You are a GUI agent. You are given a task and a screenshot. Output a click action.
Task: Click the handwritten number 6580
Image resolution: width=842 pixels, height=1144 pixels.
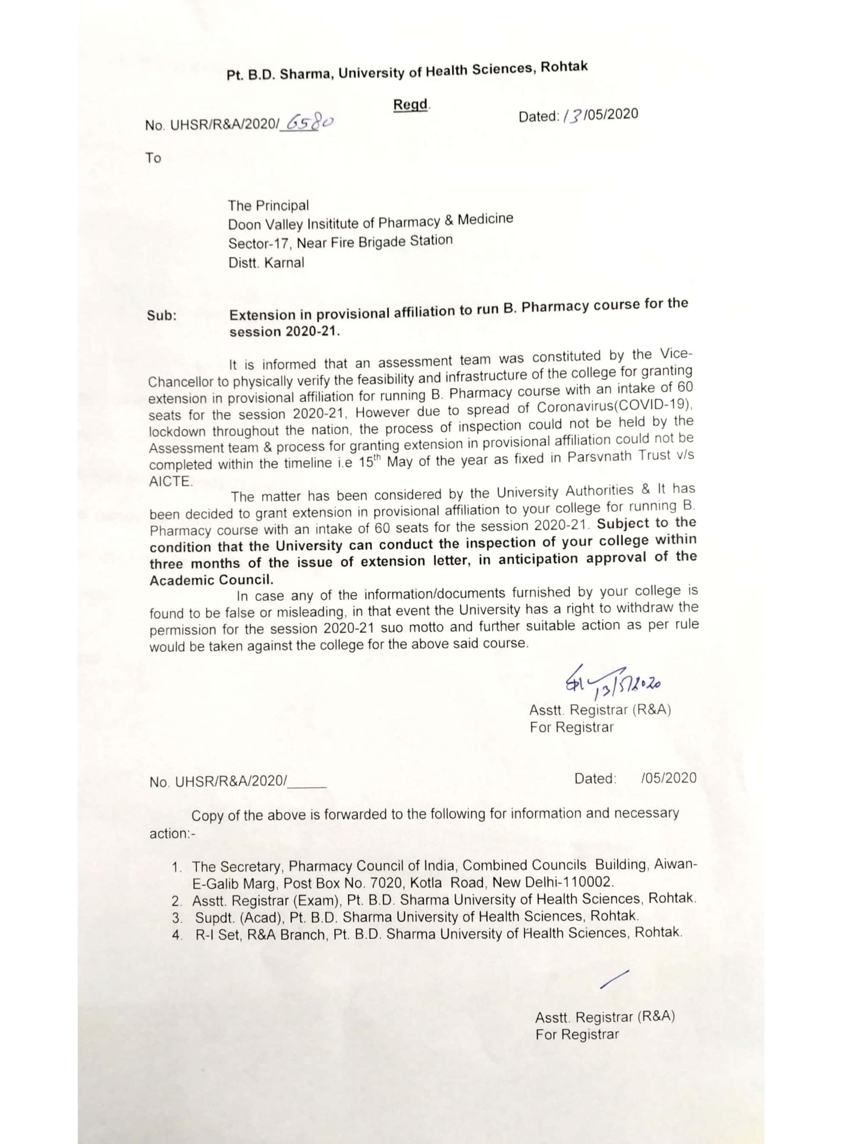[x=310, y=122]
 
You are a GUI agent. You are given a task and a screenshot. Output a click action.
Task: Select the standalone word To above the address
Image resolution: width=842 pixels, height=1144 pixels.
[x=153, y=158]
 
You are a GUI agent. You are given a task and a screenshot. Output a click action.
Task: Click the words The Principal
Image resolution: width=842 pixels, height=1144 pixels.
[x=268, y=206]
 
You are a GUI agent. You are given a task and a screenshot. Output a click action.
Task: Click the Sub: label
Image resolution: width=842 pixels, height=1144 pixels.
[x=162, y=316]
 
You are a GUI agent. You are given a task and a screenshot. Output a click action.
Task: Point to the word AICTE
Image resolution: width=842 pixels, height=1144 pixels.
[x=170, y=481]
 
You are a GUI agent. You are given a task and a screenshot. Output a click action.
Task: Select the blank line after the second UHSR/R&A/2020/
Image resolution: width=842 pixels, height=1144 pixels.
[x=307, y=782]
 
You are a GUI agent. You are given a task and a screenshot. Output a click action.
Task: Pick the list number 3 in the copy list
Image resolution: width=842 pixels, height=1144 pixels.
[x=177, y=918]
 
